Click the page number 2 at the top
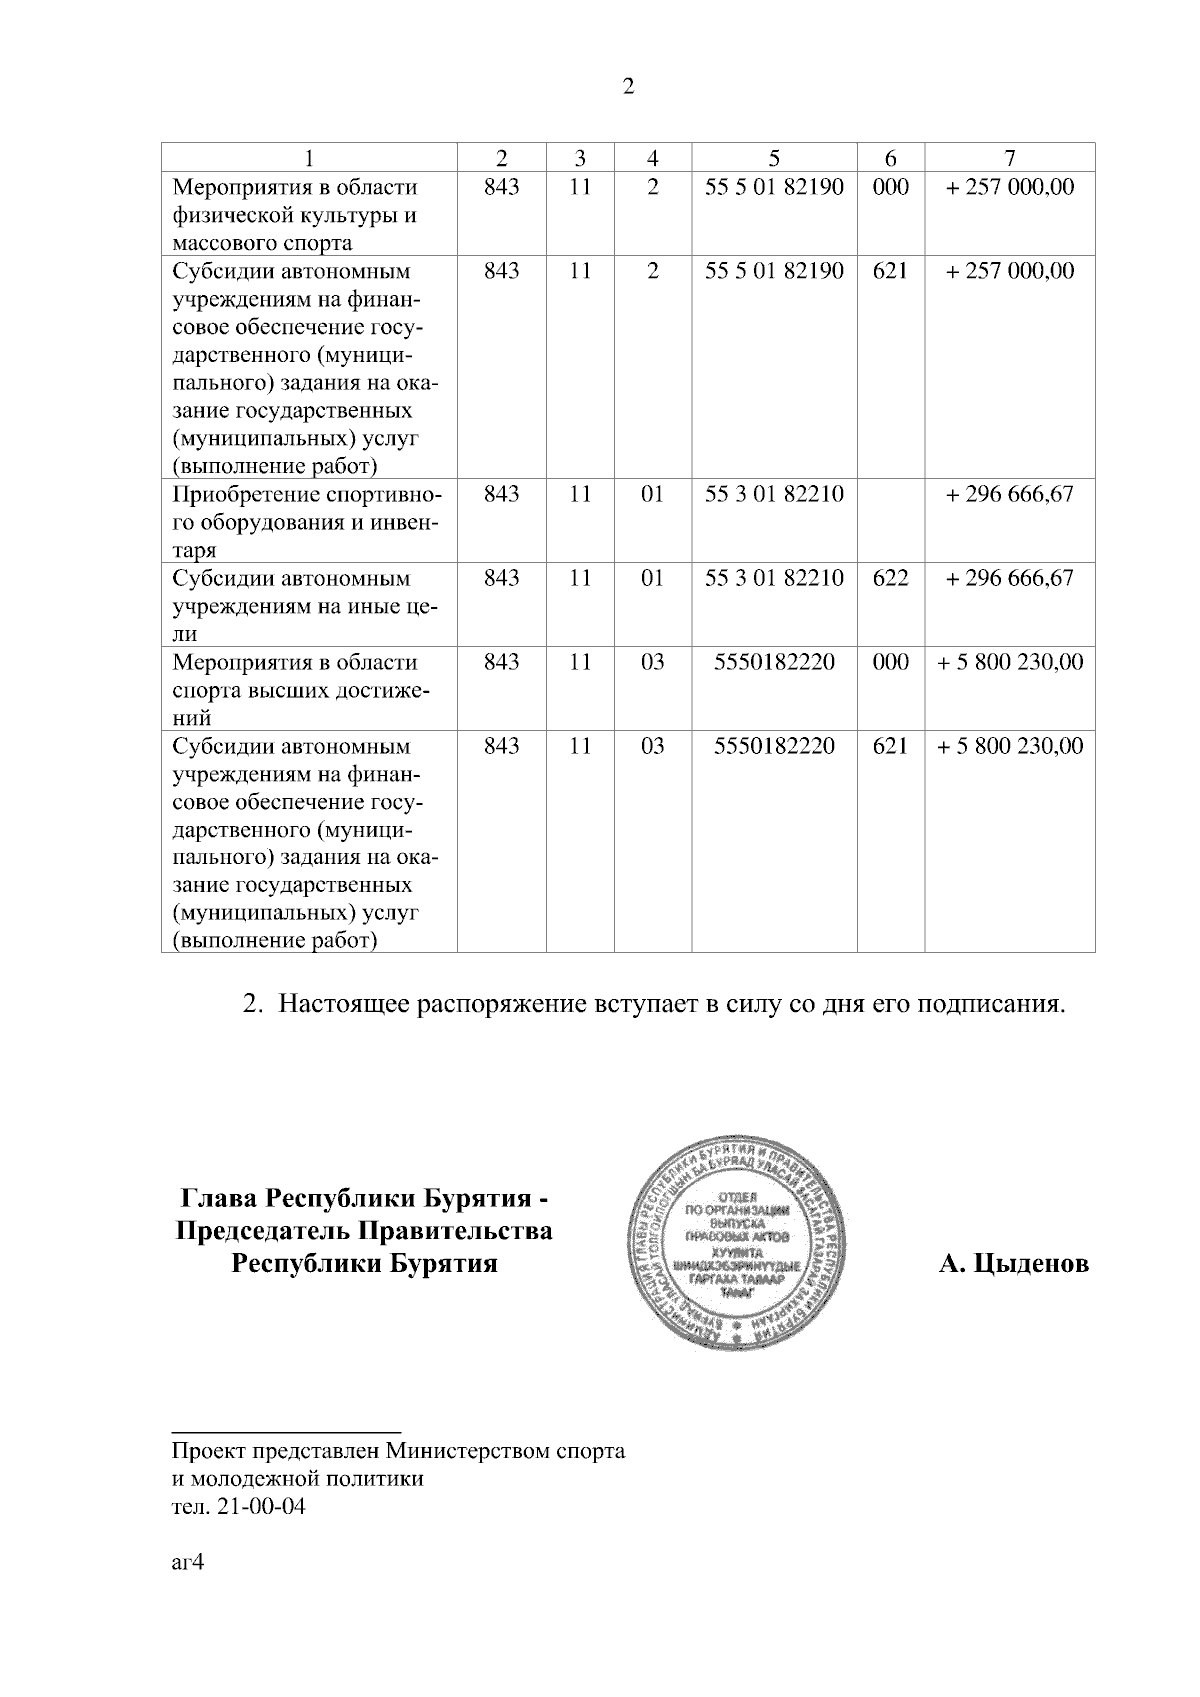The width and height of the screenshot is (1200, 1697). [628, 87]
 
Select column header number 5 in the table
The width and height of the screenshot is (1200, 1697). [773, 157]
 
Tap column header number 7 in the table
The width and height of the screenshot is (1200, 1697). [1010, 157]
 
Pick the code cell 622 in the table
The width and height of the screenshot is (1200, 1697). [890, 578]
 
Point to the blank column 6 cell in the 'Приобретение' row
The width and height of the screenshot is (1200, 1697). [890, 522]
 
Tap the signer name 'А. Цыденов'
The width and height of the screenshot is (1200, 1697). [1013, 1264]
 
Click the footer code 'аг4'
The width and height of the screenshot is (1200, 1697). [187, 1564]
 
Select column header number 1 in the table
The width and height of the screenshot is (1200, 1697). [309, 157]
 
